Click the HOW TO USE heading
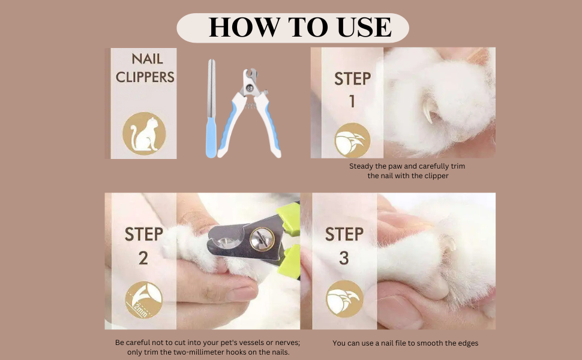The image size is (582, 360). tap(300, 27)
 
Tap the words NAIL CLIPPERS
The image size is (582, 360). tap(145, 68)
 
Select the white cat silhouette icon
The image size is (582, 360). tap(143, 134)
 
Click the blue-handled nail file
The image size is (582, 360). tap(211, 109)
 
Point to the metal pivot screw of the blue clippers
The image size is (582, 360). tap(250, 88)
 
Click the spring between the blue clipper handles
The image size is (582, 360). tap(250, 107)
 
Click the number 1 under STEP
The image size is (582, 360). tap(352, 101)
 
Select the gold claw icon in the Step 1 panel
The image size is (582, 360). tap(352, 140)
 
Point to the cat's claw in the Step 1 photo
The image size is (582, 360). tap(430, 109)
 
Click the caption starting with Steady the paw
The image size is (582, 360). tap(407, 171)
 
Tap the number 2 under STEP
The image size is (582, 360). tap(143, 258)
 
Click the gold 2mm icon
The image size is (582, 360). tap(143, 300)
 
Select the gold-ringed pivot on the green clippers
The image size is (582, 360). tap(262, 239)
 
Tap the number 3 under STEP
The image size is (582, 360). tap(344, 258)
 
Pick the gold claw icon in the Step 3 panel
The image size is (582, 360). tap(344, 299)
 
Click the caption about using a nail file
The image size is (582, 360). tap(406, 343)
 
